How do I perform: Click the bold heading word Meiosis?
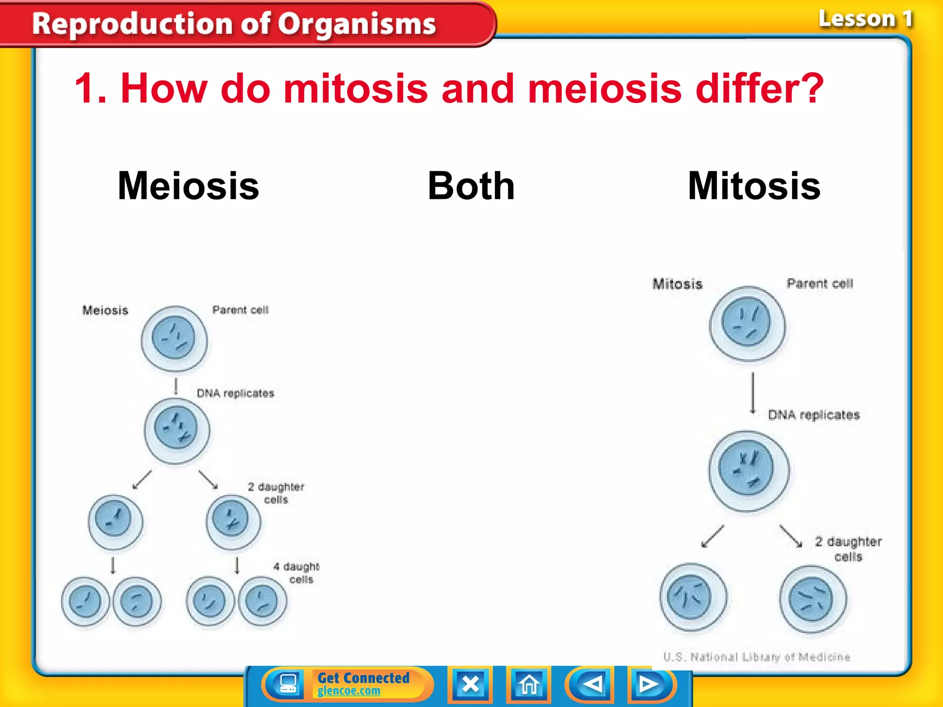click(x=188, y=186)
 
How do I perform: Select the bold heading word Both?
click(x=471, y=186)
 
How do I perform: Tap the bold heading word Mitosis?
click(x=754, y=186)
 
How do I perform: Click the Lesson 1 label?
click(x=865, y=19)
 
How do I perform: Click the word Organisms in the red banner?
click(x=357, y=24)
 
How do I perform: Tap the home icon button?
click(x=529, y=684)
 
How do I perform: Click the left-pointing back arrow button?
click(x=591, y=684)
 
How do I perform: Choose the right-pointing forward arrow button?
click(x=649, y=684)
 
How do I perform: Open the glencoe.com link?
click(x=349, y=691)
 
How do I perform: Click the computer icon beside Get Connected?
click(x=288, y=684)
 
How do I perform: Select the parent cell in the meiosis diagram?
click(x=174, y=339)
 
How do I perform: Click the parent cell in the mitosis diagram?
click(x=747, y=323)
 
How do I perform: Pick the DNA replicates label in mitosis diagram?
click(x=813, y=415)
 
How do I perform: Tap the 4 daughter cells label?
click(x=297, y=573)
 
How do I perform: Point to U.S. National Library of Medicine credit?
click(x=757, y=657)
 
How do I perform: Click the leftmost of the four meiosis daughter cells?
click(x=85, y=601)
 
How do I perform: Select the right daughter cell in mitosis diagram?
click(x=812, y=599)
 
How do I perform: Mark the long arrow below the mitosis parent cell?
click(x=753, y=393)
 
